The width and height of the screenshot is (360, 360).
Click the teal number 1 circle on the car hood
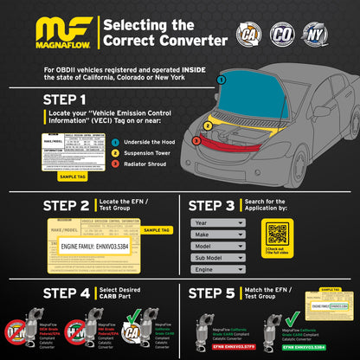click(222, 79)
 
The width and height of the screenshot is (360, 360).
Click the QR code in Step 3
click(276, 233)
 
